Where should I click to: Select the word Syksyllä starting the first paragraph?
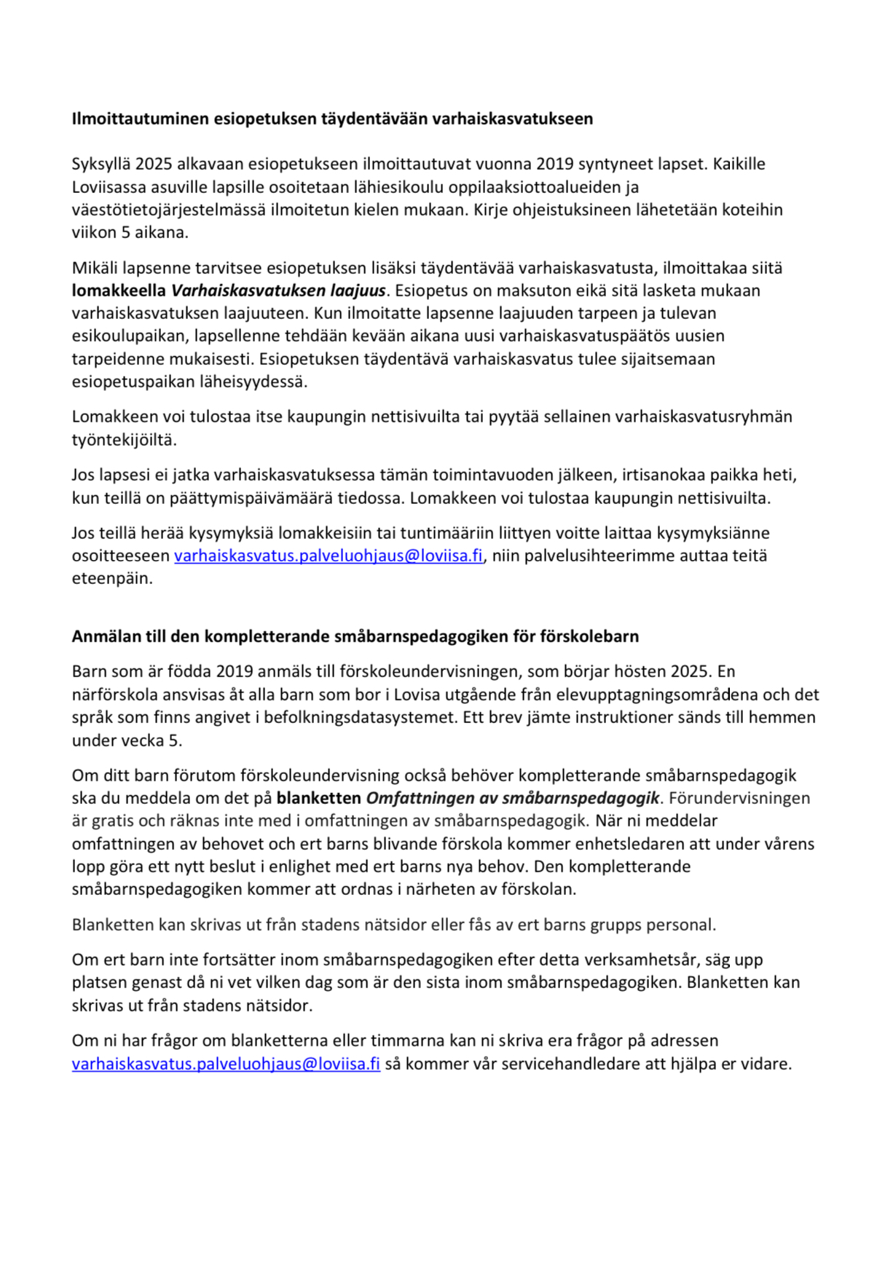(101, 164)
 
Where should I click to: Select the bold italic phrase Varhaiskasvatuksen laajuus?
(278, 291)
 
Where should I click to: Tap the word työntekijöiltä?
(124, 440)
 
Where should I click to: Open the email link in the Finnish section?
(328, 556)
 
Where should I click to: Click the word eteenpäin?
(112, 579)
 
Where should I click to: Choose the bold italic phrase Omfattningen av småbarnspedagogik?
(512, 798)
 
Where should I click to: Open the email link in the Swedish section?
(226, 1064)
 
